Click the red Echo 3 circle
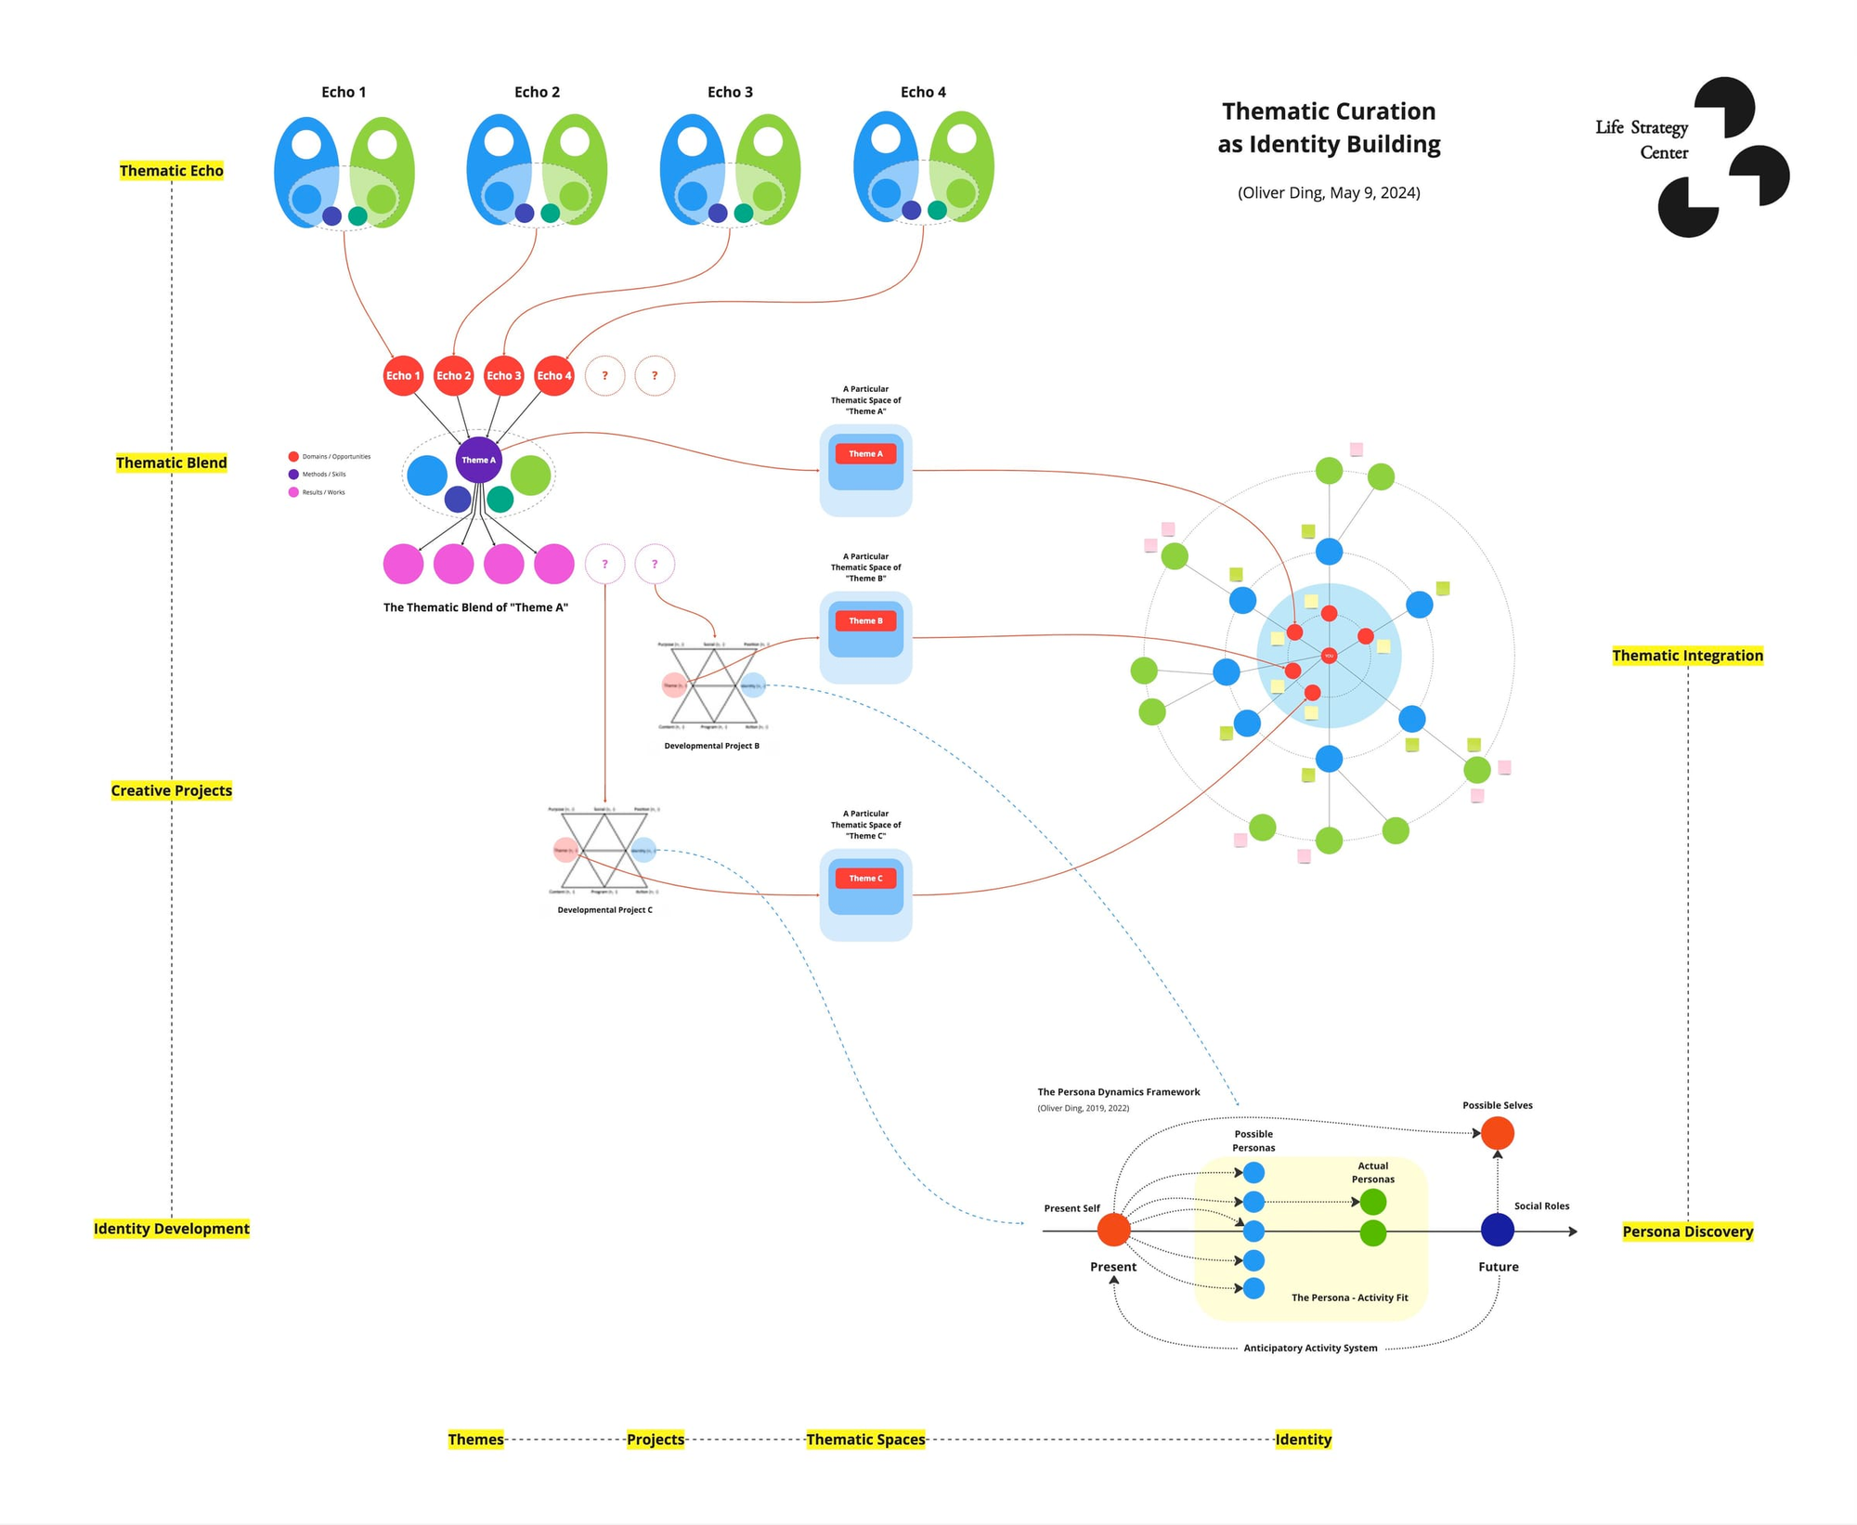pos(504,376)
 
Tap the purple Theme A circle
pos(479,460)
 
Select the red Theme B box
pos(865,620)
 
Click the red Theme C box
pos(865,878)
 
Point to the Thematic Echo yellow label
pos(172,171)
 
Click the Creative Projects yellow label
pos(172,790)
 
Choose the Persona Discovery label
pos(1687,1232)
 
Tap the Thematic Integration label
pos(1687,656)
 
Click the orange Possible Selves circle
pos(1497,1133)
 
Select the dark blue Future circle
pos(1497,1230)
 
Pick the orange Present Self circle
pos(1113,1230)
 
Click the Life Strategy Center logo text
pos(1642,140)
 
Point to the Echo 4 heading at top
pos(923,92)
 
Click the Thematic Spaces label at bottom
pos(865,1440)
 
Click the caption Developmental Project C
pos(604,910)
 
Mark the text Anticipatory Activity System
pos(1310,1348)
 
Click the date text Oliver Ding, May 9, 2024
pos(1329,193)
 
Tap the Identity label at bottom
pos(1303,1440)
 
